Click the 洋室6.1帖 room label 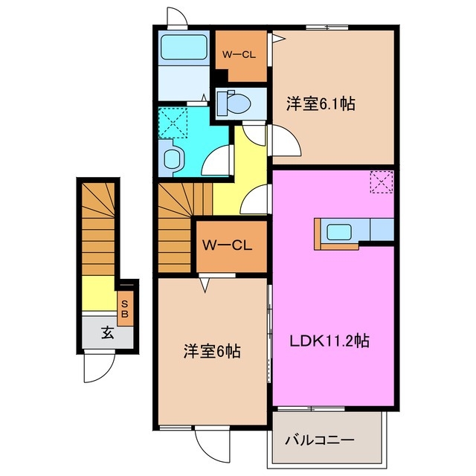pos(320,104)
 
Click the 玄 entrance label pos(108,333)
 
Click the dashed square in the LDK pos(380,181)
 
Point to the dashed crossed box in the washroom pos(173,121)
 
